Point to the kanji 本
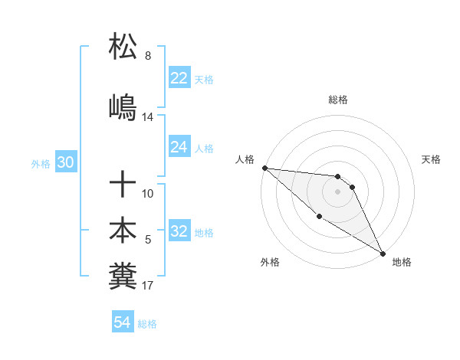tap(123, 231)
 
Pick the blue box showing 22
tap(179, 78)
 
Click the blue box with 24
tap(179, 147)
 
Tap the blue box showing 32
tap(179, 231)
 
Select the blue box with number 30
tap(65, 163)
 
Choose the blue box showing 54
tap(123, 322)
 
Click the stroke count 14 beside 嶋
tap(148, 117)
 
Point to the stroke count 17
tap(148, 286)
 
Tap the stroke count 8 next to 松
tap(148, 56)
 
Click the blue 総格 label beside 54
tap(147, 324)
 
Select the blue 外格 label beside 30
tap(41, 164)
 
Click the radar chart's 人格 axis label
tap(245, 159)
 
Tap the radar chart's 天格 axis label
tap(432, 159)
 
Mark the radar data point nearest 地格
tap(383, 253)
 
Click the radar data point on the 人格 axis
tap(264, 168)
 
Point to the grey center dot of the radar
tap(337, 191)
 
